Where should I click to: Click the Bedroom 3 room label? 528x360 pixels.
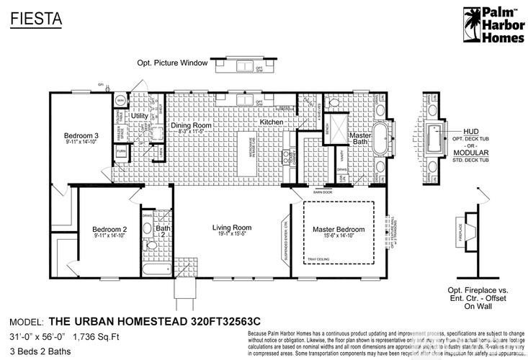pos(81,136)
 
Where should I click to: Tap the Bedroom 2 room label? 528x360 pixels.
pos(109,230)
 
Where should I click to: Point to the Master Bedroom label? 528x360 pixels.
pos(339,230)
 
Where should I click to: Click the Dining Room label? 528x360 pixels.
pos(191,125)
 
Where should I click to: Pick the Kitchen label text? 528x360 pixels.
pos(272,122)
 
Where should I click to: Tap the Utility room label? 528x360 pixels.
pos(140,115)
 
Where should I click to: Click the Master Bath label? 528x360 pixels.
pos(359,139)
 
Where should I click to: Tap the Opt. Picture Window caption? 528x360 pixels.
pos(173,63)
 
